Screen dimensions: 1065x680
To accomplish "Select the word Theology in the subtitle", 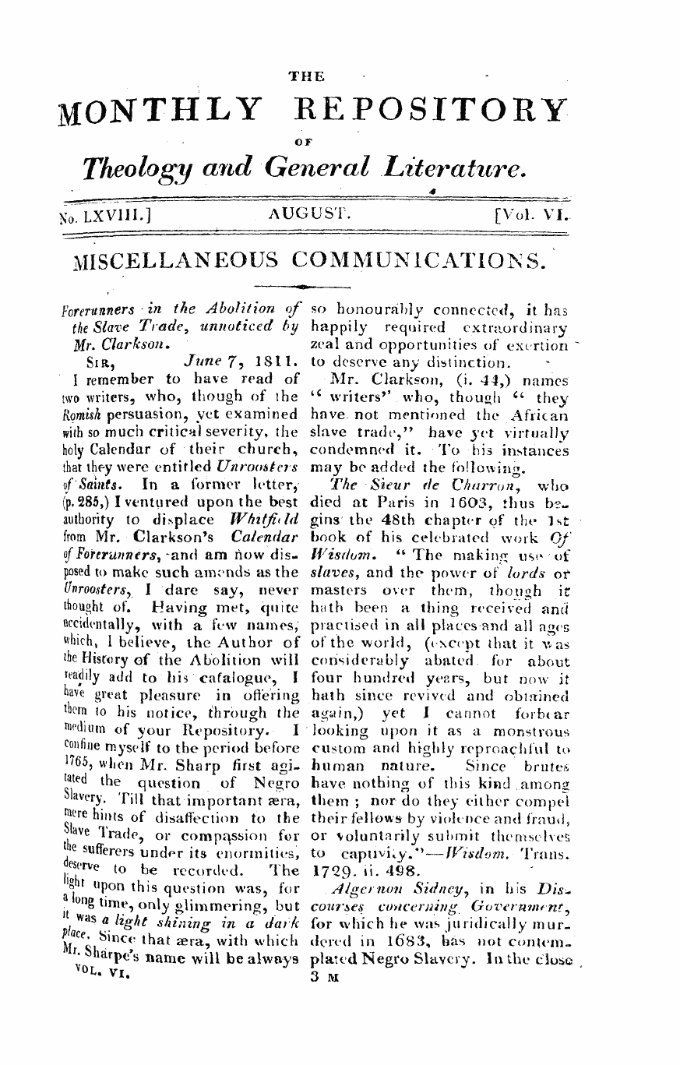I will pos(133,166).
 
